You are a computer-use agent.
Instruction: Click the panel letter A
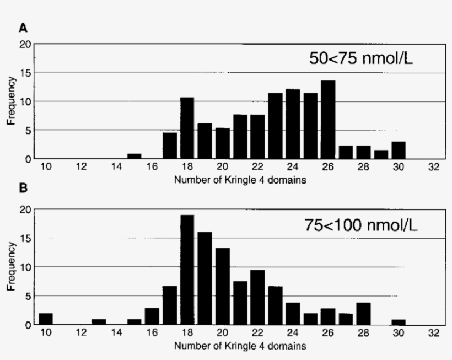pyautogui.click(x=23, y=27)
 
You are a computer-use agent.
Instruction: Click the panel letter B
pyautogui.click(x=23, y=188)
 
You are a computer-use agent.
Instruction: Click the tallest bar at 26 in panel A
pyautogui.click(x=328, y=120)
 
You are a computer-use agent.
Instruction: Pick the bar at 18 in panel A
pyautogui.click(x=187, y=128)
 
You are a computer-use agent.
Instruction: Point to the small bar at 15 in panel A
pyautogui.click(x=134, y=156)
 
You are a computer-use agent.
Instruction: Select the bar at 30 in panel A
pyautogui.click(x=399, y=150)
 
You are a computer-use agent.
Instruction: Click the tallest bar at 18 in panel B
pyautogui.click(x=187, y=270)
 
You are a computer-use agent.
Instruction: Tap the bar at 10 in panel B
pyautogui.click(x=46, y=319)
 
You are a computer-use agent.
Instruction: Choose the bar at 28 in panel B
pyautogui.click(x=363, y=313)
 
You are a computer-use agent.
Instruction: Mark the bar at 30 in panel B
pyautogui.click(x=399, y=321)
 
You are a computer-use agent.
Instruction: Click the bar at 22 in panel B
pyautogui.click(x=257, y=297)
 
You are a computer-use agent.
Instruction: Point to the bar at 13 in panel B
pyautogui.click(x=99, y=321)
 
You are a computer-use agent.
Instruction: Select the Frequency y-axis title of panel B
pyautogui.click(x=11, y=267)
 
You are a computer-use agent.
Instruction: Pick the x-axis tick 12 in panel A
pyautogui.click(x=81, y=167)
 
